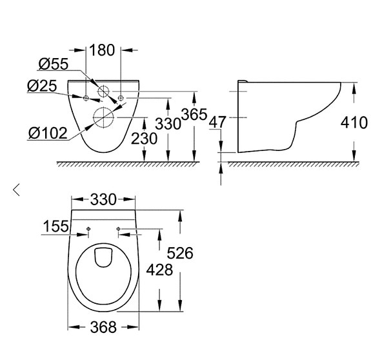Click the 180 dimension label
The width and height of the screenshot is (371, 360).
(102, 50)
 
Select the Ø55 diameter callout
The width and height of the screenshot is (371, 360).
(54, 64)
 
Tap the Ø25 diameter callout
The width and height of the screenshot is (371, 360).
(42, 86)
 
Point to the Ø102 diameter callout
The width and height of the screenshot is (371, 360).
(48, 133)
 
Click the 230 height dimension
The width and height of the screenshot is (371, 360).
(144, 138)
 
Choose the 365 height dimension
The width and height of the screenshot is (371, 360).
(194, 114)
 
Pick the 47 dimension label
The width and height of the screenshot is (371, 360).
(217, 123)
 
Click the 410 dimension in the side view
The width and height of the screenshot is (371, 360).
(354, 123)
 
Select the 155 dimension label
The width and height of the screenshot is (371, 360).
(56, 226)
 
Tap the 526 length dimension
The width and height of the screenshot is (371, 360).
(180, 253)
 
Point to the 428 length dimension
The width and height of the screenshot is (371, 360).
(159, 270)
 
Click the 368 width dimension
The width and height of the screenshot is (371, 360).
(103, 327)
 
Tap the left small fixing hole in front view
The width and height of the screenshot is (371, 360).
(86, 98)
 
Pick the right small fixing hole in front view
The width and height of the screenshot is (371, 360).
(121, 98)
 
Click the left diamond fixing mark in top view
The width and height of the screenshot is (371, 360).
(88, 228)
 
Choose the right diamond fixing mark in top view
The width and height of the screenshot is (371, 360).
(119, 228)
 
